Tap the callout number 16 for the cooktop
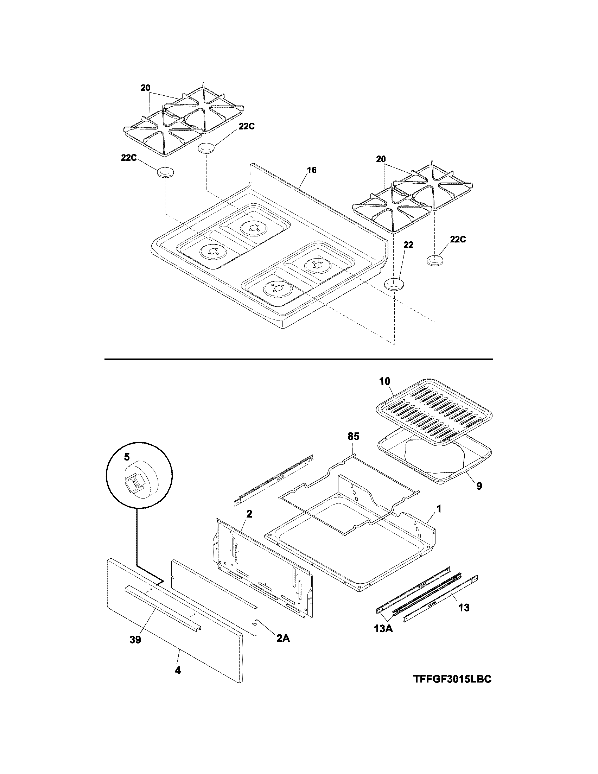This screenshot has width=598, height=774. pyautogui.click(x=312, y=170)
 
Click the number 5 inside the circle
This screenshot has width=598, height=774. pyautogui.click(x=127, y=457)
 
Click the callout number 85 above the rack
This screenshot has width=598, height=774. pyautogui.click(x=353, y=437)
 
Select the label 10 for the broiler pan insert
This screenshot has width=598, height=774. pyautogui.click(x=384, y=381)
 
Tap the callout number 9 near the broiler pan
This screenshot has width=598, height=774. pyautogui.click(x=479, y=486)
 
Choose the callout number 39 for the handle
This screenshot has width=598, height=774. pyautogui.click(x=135, y=639)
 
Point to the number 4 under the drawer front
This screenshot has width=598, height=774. pyautogui.click(x=178, y=670)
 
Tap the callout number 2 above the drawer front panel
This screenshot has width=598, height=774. pyautogui.click(x=249, y=514)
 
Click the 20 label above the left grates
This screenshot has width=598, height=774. pyautogui.click(x=145, y=88)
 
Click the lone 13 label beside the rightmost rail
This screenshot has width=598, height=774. pyautogui.click(x=464, y=608)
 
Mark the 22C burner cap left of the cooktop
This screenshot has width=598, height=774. pyautogui.click(x=165, y=173)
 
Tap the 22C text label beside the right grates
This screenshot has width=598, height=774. pyautogui.click(x=458, y=240)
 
